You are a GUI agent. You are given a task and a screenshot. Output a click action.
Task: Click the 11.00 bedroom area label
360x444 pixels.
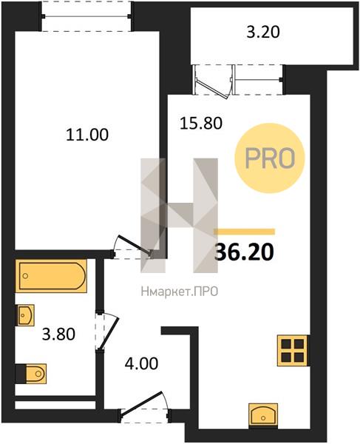87,135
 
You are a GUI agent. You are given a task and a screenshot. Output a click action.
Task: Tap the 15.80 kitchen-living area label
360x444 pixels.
201,124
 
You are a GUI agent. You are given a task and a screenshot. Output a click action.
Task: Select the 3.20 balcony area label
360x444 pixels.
263,32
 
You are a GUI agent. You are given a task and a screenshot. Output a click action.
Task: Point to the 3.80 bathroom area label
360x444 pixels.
58,334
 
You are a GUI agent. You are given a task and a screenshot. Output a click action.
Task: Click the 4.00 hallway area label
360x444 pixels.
141,363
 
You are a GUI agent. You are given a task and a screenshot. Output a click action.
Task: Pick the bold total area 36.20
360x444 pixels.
245,252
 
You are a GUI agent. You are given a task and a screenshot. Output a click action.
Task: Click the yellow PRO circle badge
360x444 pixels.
270,158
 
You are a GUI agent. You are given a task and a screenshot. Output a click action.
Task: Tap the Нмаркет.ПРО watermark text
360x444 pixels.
180,292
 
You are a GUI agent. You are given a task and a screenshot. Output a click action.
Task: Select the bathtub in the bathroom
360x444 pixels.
51,276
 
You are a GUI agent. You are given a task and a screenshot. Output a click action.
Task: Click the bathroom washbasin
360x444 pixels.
26,315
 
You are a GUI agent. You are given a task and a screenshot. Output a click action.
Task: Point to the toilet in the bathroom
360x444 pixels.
31,374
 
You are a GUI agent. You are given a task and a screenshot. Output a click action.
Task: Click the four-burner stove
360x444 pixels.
293,351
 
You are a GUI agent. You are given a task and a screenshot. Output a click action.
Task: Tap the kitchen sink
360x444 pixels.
263,415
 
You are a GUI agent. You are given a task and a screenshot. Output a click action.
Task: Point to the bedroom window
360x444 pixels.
86,16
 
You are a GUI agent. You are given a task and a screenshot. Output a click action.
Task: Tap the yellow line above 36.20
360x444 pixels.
245,232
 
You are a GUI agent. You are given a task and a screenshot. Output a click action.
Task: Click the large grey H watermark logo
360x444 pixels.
180,215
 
